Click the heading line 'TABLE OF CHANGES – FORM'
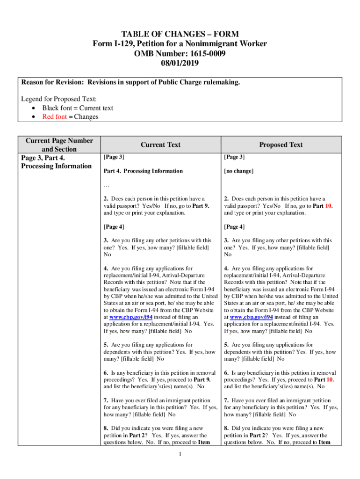(x=180, y=34)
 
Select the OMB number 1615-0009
(x=206, y=53)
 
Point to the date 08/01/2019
(x=180, y=62)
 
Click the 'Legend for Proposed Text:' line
(x=59, y=99)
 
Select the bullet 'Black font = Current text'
(x=78, y=108)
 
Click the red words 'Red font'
(x=55, y=116)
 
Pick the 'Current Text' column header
(x=160, y=145)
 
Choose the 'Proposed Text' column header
(x=281, y=145)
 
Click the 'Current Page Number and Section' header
(x=59, y=145)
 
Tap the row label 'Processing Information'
(x=56, y=166)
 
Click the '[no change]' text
(x=238, y=171)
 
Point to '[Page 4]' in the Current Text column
(x=114, y=227)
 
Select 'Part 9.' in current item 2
(x=201, y=206)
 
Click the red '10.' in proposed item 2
(x=329, y=206)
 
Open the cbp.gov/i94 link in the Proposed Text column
(x=252, y=317)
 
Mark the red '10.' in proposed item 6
(x=330, y=379)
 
